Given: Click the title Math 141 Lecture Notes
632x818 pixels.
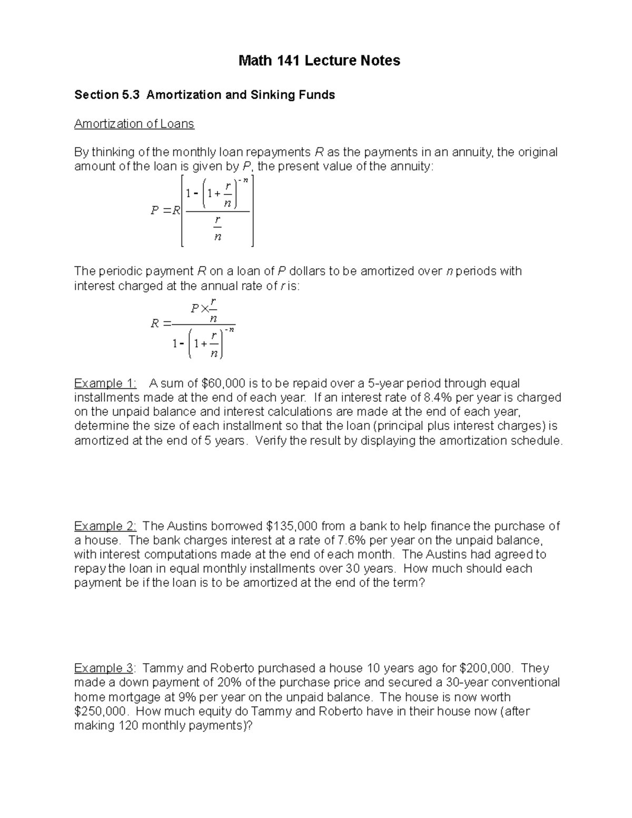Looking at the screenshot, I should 319,61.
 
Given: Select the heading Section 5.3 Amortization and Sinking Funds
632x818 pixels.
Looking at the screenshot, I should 204,95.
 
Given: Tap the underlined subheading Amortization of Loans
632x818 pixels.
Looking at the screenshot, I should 134,124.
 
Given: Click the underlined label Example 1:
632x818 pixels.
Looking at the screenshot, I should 105,383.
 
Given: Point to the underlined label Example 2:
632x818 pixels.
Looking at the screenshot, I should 105,526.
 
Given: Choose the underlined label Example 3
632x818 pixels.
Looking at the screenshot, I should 104,668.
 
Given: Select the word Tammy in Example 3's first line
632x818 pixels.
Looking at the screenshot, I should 162,668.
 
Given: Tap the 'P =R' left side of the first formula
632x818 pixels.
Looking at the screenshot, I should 165,211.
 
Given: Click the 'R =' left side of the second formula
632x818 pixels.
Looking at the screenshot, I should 161,323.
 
